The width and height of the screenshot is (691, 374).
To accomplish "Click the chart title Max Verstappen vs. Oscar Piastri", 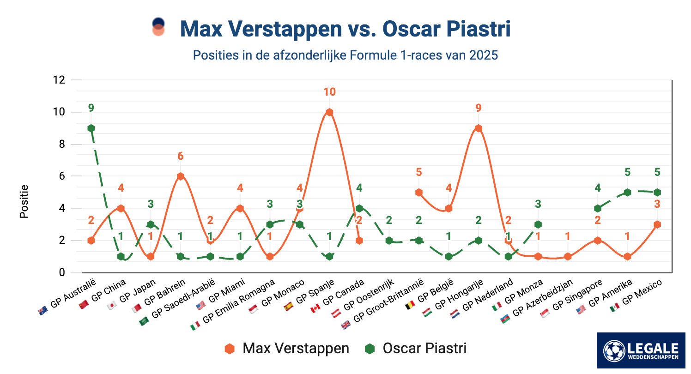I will pos(345,29).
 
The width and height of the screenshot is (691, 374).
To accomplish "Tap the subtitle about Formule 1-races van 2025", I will pos(345,55).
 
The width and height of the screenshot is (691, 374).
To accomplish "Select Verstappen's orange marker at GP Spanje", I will pos(329,112).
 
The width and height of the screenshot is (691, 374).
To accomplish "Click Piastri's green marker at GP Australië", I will pos(91,128).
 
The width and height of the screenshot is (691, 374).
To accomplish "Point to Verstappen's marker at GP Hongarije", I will pos(479,128).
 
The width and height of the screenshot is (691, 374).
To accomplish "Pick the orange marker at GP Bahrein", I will pos(181,176).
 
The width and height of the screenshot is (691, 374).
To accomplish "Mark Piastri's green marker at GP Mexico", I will pos(657,192).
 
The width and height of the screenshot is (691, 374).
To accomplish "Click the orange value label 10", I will pos(329,92).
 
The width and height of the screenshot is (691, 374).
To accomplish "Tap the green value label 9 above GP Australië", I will pos(91,108).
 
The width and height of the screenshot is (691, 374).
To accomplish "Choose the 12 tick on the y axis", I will pos(59,80).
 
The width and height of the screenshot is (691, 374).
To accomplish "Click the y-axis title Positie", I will pos(24,201).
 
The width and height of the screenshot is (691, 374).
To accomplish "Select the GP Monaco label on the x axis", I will pos(283,294).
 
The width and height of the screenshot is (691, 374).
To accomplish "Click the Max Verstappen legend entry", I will pos(287,348).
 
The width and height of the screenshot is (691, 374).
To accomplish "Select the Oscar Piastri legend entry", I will pos(416,348).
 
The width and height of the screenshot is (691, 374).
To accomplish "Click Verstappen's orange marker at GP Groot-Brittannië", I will pos(419,192).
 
